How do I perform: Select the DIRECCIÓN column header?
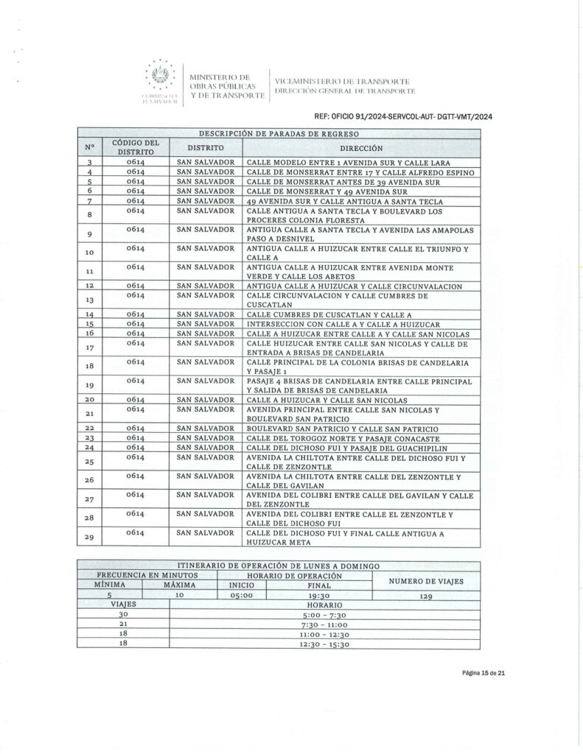click(x=361, y=147)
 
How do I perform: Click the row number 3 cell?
click(x=90, y=162)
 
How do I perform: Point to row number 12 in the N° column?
click(x=90, y=285)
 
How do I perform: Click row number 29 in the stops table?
click(x=90, y=538)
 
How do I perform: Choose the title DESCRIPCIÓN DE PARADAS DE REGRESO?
click(x=279, y=133)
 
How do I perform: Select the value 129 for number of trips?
click(x=426, y=597)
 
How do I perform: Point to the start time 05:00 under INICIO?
click(x=241, y=597)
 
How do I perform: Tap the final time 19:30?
click(x=318, y=597)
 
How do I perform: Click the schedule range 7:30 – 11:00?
click(x=324, y=624)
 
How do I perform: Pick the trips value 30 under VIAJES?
click(x=124, y=614)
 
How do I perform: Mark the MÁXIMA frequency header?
click(x=180, y=585)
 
